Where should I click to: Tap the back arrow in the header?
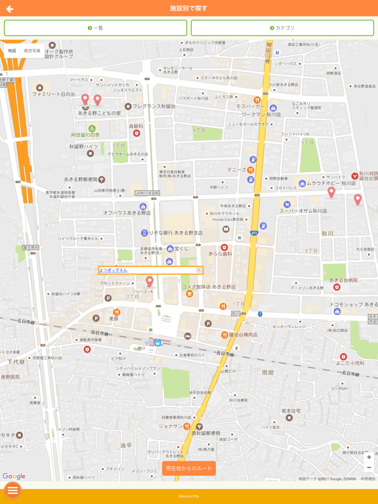[x=10, y=9]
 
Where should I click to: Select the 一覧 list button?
[x=95, y=28]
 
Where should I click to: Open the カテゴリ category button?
[x=282, y=28]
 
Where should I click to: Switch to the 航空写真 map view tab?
[x=32, y=51]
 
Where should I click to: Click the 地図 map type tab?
[x=12, y=51]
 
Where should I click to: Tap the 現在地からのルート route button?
[x=189, y=468]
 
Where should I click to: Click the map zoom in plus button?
[x=369, y=457]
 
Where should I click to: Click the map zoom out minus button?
[x=369, y=468]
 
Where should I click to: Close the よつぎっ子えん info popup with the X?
[x=199, y=270]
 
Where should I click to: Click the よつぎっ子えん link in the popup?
[x=114, y=270]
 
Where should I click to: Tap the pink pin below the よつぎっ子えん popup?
[x=150, y=282]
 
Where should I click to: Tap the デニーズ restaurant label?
[x=236, y=169]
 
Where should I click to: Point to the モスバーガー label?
[x=249, y=106]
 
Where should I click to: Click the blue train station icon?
[x=157, y=343]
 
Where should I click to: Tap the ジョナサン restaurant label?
[x=170, y=426]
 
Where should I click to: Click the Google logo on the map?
[x=14, y=476]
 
